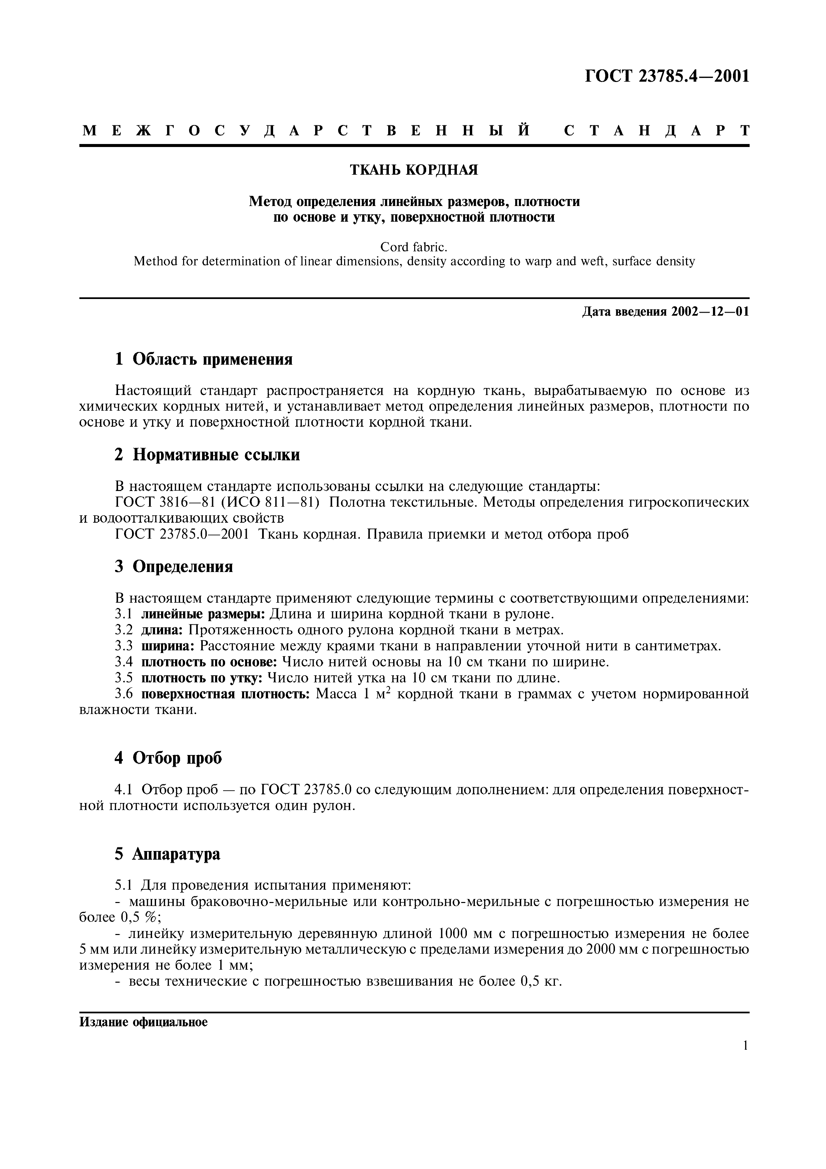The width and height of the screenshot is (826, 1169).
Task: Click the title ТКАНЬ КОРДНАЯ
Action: tap(414, 170)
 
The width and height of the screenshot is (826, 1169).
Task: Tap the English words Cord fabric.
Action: tap(414, 247)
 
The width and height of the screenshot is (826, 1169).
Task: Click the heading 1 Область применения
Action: tap(204, 359)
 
